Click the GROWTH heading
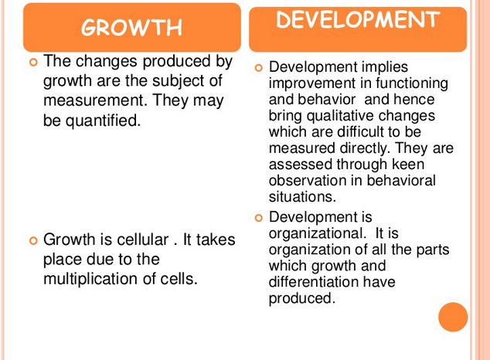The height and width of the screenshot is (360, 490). tap(131, 29)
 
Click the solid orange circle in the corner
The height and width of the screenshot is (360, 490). tap(453, 318)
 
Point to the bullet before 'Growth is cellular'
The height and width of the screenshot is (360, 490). tap(32, 240)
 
